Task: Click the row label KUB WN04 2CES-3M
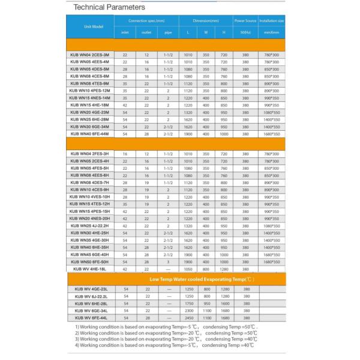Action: coord(89,55)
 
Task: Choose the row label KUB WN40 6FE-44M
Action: coord(89,134)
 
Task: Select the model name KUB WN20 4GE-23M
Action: coord(89,112)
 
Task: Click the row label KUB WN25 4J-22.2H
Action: coord(89,226)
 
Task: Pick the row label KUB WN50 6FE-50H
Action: coord(89,262)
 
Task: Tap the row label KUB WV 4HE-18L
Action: coord(89,269)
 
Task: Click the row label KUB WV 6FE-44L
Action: coord(89,317)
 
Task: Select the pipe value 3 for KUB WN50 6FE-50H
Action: coord(168,262)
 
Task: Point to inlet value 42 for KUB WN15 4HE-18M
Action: coord(125,105)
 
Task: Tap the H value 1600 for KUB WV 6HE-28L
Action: coord(223,303)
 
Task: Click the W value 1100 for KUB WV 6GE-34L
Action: coord(206,310)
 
